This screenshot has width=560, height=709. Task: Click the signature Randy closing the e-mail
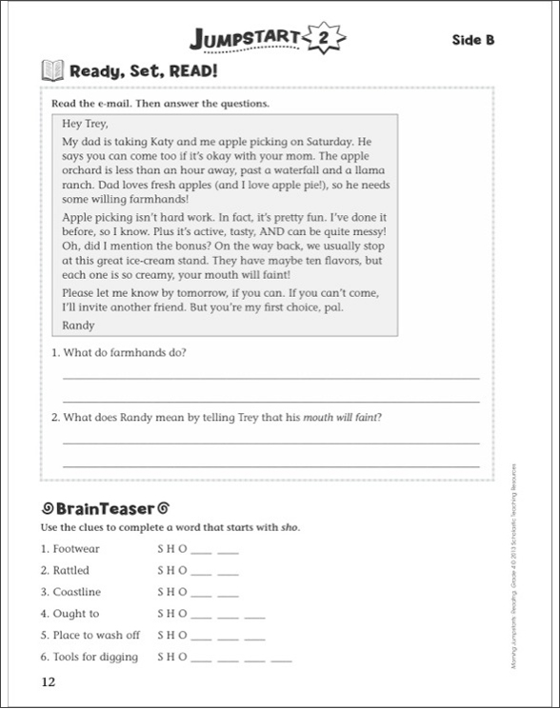77,325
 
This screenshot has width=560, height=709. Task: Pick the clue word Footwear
75,549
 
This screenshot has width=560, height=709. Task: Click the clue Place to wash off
91,635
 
